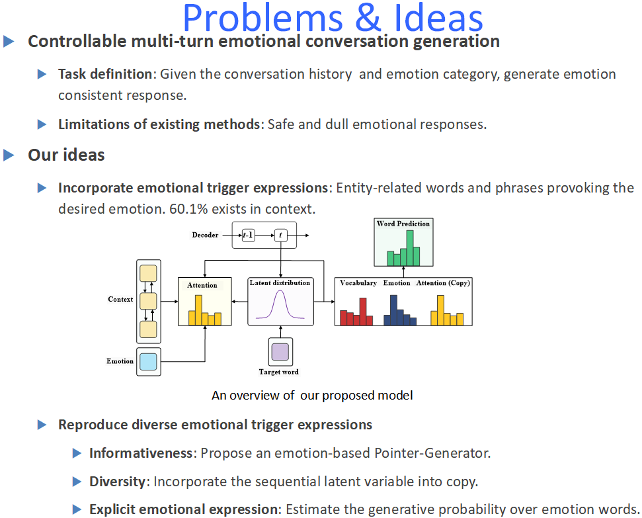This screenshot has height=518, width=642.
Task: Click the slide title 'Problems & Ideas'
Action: pos(333,18)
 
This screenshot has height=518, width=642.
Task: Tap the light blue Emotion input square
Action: pos(148,362)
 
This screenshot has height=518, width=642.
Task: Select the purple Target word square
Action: pos(280,351)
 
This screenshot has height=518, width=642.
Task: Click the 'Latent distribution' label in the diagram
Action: pos(280,282)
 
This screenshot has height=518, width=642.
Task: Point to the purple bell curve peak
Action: pos(280,292)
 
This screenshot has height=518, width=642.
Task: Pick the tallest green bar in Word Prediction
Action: pos(410,248)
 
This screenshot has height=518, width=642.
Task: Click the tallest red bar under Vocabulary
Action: pos(363,312)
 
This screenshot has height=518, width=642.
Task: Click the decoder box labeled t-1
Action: pos(249,236)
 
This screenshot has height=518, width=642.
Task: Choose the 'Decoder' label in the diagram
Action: pos(205,235)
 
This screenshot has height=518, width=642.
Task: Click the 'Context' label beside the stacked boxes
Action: pos(120,299)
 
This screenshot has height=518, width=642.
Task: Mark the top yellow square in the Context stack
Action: pos(148,273)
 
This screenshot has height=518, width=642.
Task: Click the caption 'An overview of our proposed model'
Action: pos(312,396)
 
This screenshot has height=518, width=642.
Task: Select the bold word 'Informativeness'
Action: pos(141,453)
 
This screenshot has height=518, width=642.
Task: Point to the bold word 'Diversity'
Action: pos(117,482)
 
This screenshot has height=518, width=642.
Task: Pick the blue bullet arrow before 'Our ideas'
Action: pos(9,155)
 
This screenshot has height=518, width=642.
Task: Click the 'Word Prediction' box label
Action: pos(403,224)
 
